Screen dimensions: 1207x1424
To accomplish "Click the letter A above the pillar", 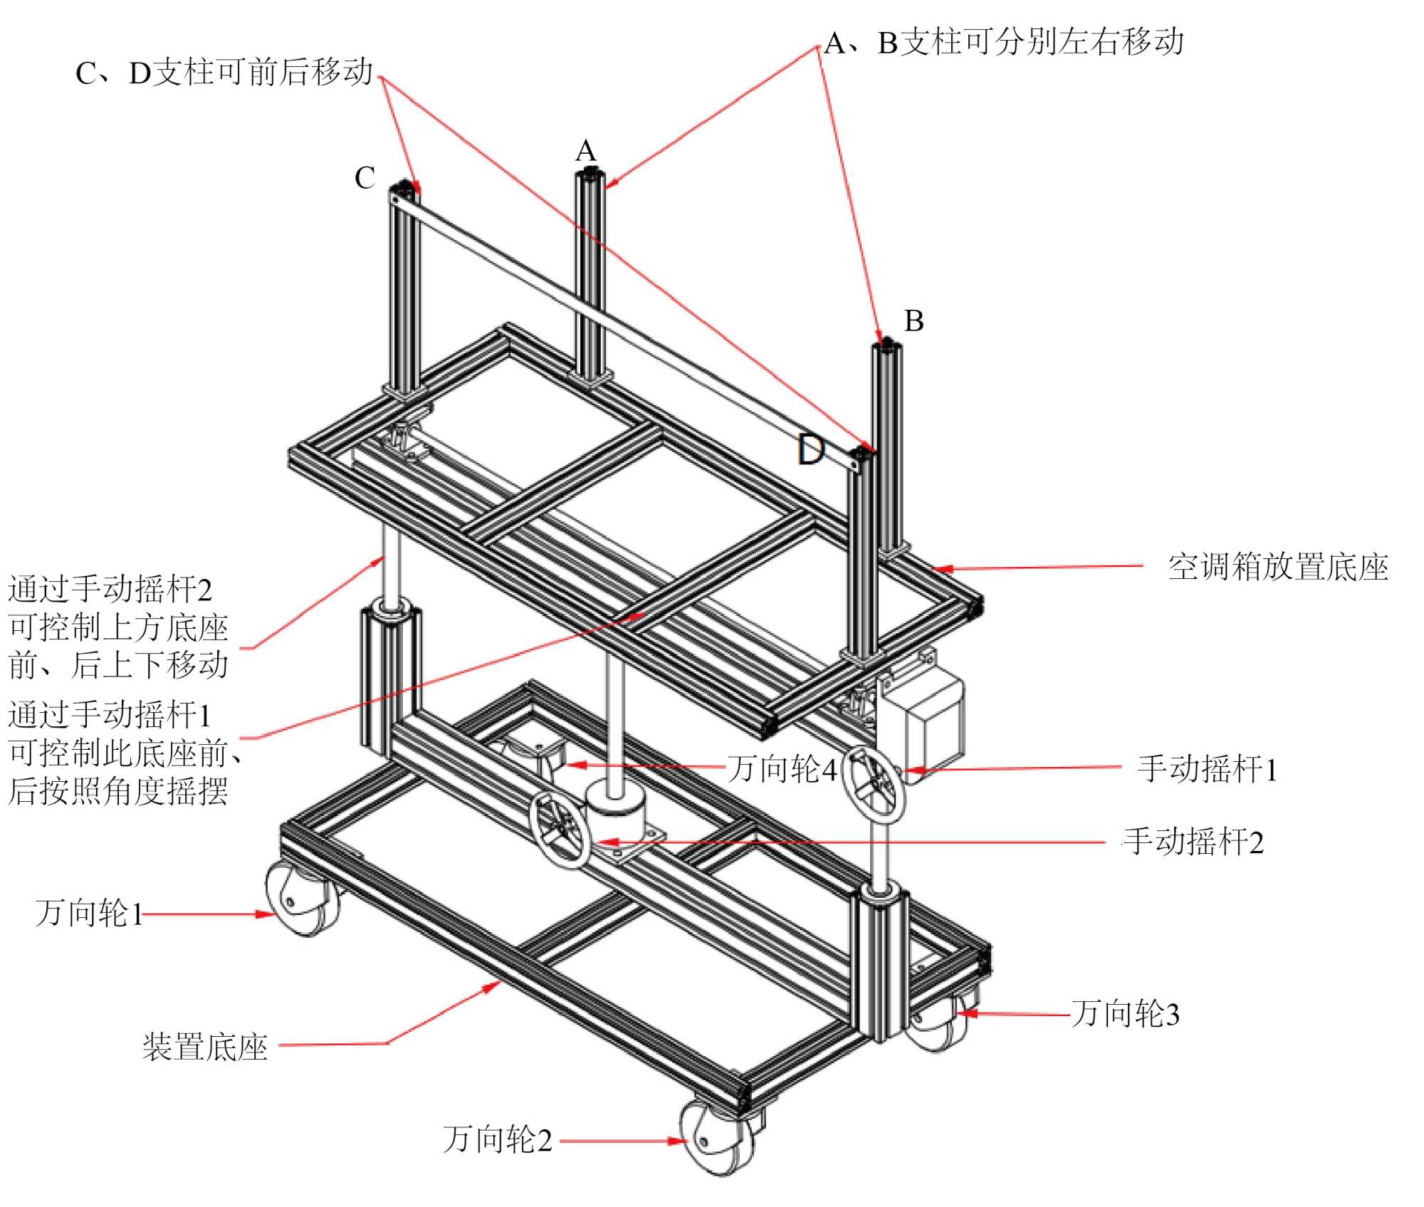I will click(585, 151).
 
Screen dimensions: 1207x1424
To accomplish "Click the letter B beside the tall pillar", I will click(913, 321).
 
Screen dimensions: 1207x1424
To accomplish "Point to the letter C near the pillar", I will click(365, 178).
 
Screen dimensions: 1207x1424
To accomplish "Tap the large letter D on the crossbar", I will click(811, 450).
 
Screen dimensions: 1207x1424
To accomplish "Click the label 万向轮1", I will click(89, 914).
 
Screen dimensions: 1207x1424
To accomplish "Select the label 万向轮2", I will click(497, 1139).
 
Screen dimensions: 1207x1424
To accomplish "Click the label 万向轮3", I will click(1126, 1013).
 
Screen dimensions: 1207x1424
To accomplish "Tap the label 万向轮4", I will click(782, 769).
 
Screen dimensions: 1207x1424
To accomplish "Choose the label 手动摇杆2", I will click(1193, 842).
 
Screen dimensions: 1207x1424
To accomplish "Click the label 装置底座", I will click(205, 1047).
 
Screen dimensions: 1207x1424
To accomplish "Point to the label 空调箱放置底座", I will click(1278, 568).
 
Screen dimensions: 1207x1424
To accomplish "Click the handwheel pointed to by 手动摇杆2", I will click(560, 829).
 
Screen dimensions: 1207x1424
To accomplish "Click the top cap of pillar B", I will click(887, 348).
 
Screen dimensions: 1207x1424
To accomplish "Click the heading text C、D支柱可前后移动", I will click(224, 73).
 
